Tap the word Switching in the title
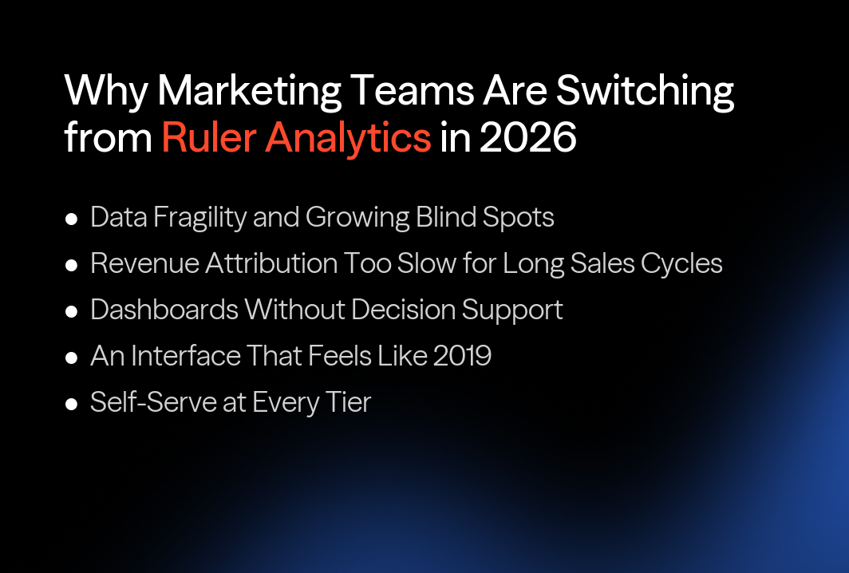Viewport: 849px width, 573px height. [x=645, y=93]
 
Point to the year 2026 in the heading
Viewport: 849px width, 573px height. [x=527, y=137]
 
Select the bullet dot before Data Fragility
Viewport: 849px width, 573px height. [x=71, y=219]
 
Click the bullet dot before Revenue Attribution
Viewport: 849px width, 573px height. [x=71, y=265]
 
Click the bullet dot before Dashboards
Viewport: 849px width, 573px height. [x=71, y=311]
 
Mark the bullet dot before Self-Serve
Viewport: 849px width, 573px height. [x=71, y=404]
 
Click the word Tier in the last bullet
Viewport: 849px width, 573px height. [x=349, y=402]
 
